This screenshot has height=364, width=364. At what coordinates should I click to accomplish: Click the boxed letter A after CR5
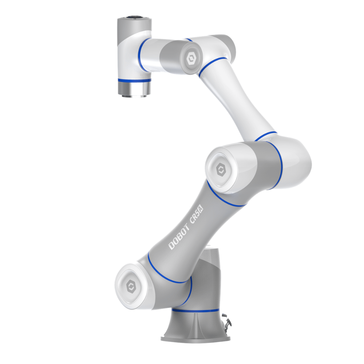(201, 210)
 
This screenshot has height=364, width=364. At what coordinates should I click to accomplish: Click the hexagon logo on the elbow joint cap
(221, 170)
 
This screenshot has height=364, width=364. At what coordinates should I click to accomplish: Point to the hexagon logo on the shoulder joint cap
(131, 286)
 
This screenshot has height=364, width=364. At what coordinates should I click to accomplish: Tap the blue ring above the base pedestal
(195, 310)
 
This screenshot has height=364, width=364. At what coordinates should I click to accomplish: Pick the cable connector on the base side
(226, 323)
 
